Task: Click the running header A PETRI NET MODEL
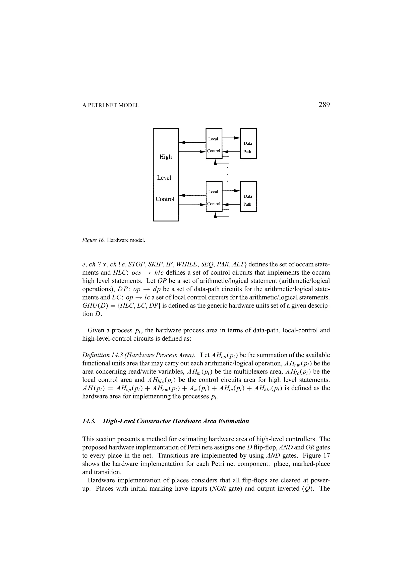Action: click(111, 105)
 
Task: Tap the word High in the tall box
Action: click(166, 157)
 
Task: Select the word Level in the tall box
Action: click(164, 178)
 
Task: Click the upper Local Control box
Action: click(214, 144)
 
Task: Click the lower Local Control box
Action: click(214, 197)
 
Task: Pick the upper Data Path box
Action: click(248, 144)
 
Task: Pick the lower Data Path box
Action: click(248, 197)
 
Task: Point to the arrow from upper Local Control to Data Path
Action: click(231, 138)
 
